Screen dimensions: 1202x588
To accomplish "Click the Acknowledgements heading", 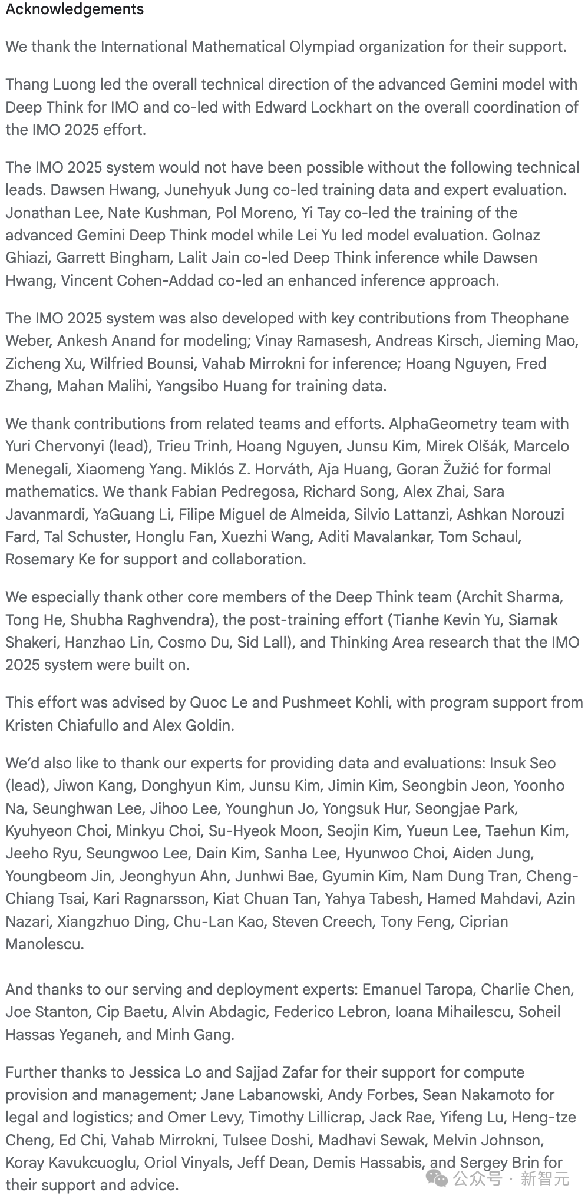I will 75,9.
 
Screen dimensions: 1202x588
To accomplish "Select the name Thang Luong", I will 51,85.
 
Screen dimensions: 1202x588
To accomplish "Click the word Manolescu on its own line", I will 44,944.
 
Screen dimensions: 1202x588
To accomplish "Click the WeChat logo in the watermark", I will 437,1178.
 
